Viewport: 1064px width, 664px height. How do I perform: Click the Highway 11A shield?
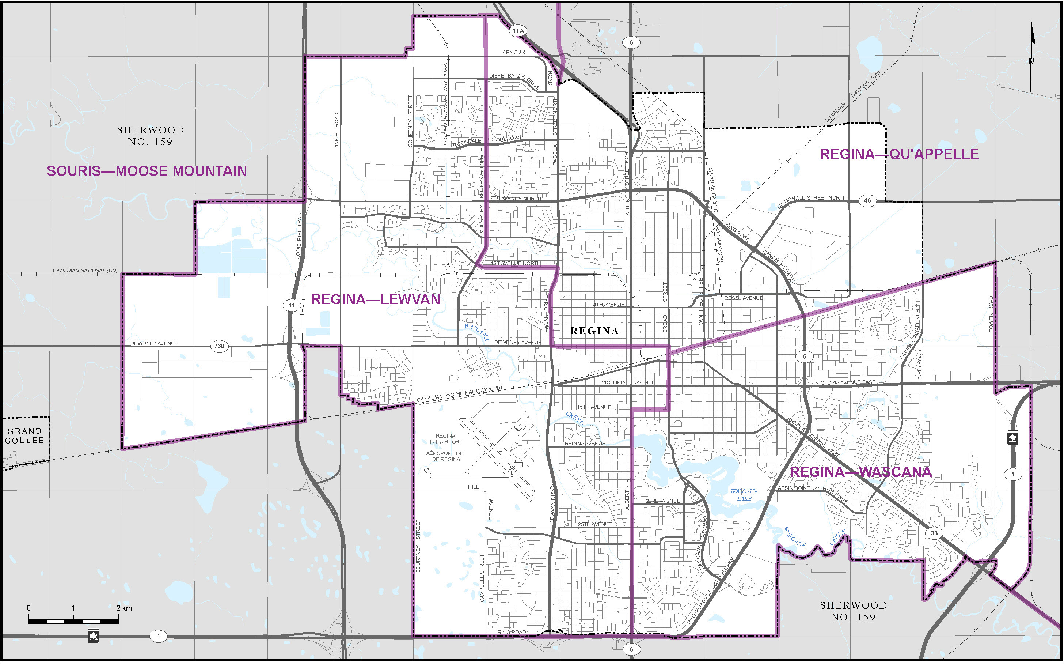click(x=518, y=31)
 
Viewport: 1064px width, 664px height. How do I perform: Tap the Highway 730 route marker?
click(x=219, y=346)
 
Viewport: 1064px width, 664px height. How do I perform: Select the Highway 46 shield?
click(x=867, y=201)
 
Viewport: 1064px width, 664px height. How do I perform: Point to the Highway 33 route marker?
click(x=934, y=533)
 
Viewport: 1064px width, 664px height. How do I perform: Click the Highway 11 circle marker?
click(x=292, y=305)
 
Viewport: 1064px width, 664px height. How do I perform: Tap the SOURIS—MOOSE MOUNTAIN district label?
click(x=147, y=171)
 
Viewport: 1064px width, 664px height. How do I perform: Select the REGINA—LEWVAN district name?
click(x=376, y=299)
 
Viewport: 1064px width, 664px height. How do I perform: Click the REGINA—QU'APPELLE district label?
click(x=900, y=154)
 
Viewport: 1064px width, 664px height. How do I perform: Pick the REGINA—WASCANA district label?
click(x=860, y=472)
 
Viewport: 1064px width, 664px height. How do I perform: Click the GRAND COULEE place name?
click(x=24, y=435)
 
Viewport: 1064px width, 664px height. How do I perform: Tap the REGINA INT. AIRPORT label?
click(x=446, y=439)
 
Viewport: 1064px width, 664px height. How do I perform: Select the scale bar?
click(x=73, y=620)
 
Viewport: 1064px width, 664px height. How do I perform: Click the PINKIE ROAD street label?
click(x=337, y=131)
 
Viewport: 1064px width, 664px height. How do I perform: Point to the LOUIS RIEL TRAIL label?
click(x=299, y=236)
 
